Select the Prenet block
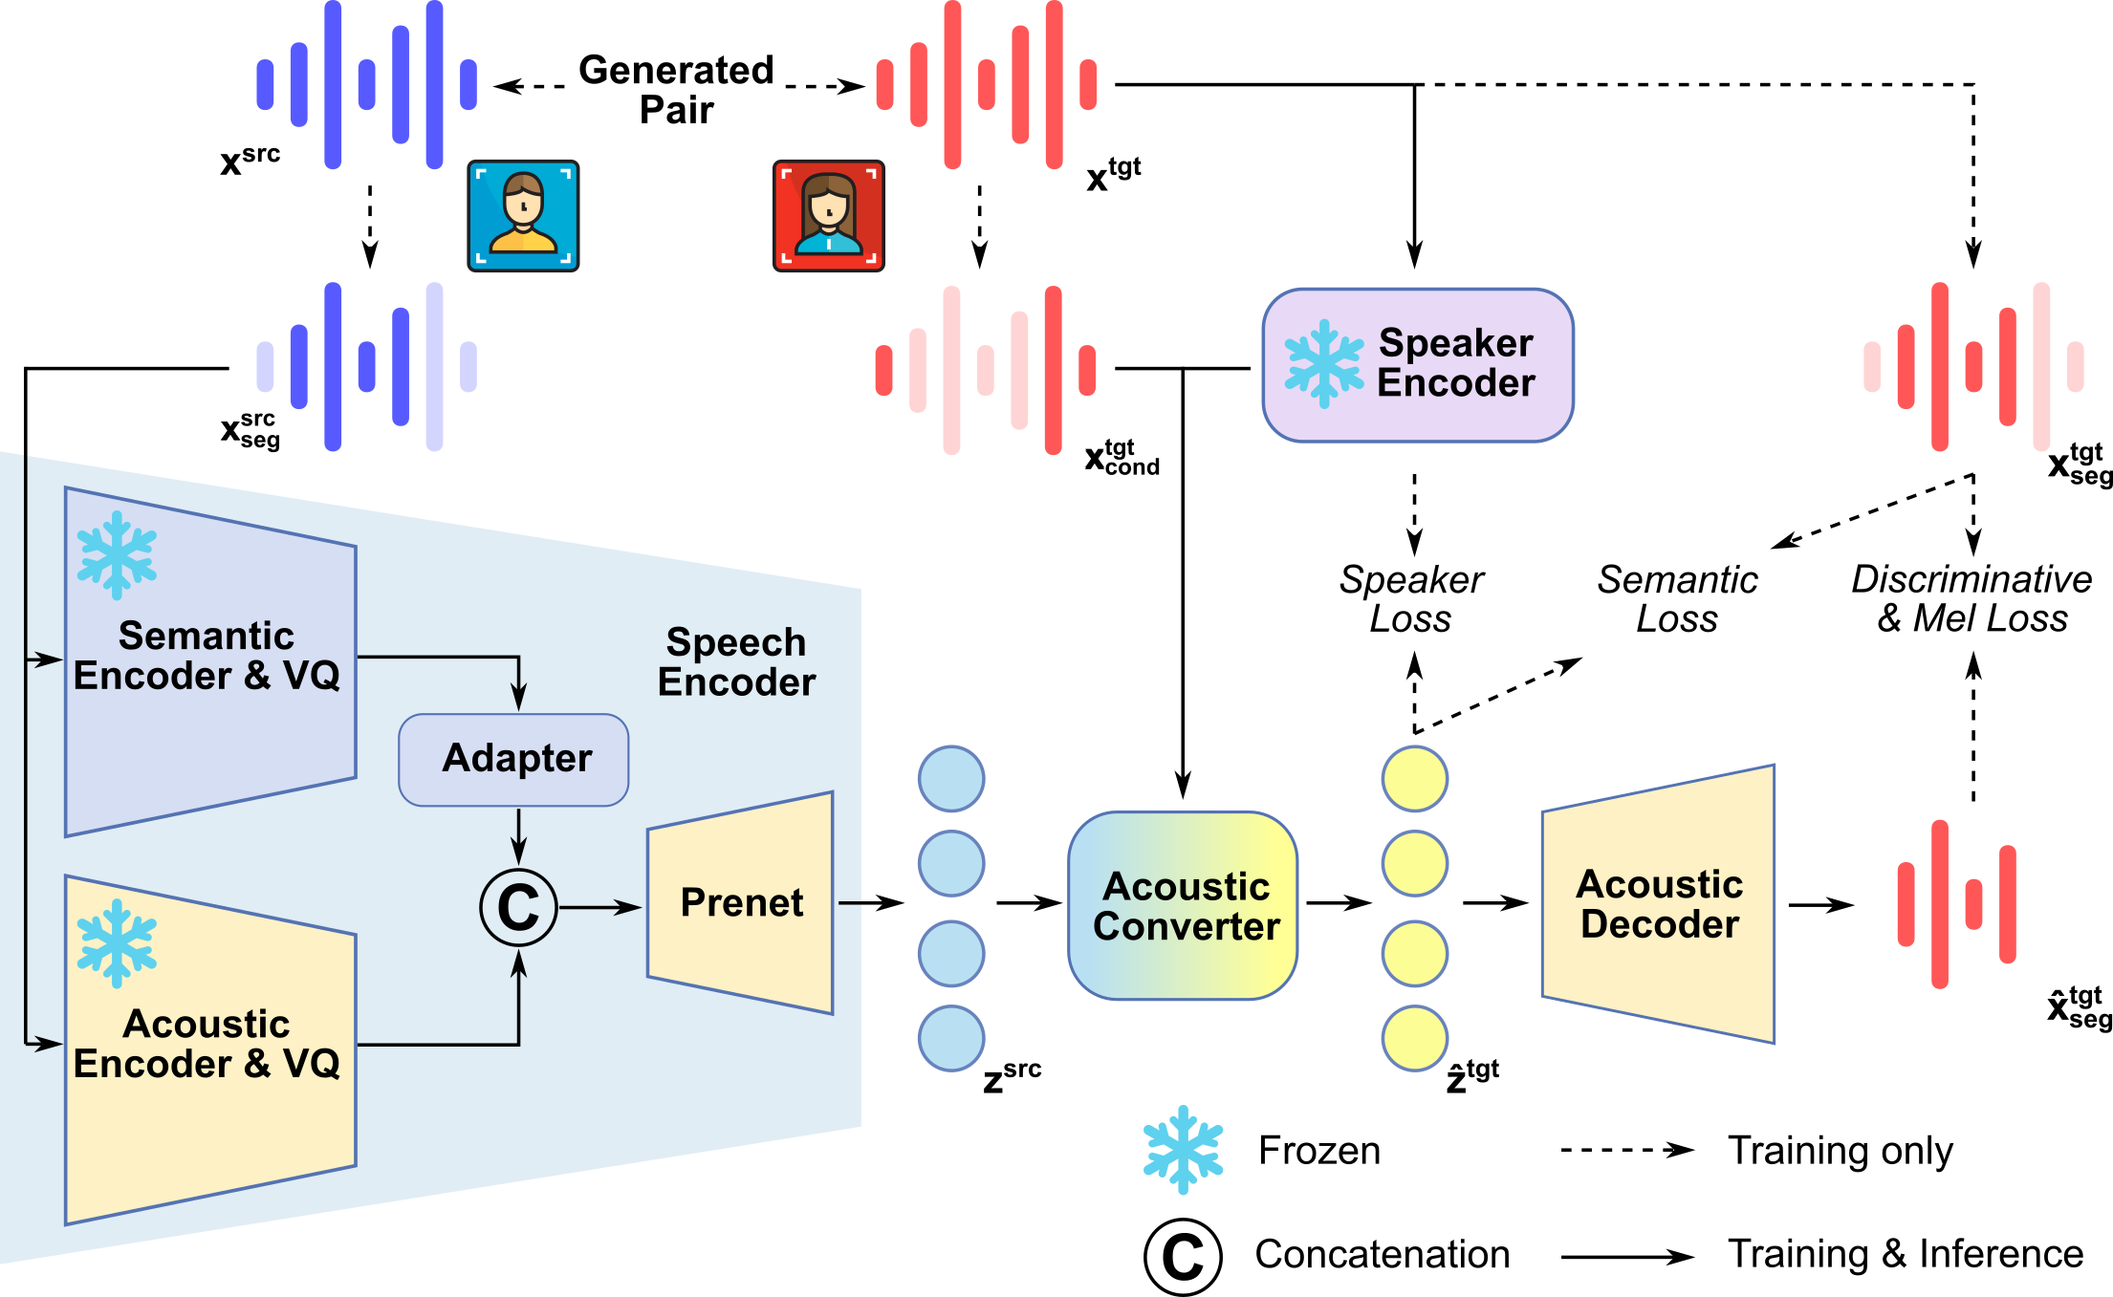click(x=740, y=902)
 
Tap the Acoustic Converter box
click(x=1183, y=905)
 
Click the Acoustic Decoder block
click(x=1658, y=903)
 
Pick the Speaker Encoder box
click(x=1417, y=364)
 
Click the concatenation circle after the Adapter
click(x=518, y=906)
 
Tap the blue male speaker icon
click(x=523, y=216)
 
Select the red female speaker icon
click(x=828, y=216)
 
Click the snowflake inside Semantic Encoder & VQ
click(x=117, y=554)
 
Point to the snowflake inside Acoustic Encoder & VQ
click(x=117, y=942)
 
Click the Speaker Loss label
click(x=1411, y=598)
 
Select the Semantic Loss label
click(x=1677, y=598)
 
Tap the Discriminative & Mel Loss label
click(x=1971, y=598)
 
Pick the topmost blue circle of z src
click(x=950, y=778)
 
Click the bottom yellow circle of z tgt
click(x=1414, y=1038)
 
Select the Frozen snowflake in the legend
click(x=1183, y=1149)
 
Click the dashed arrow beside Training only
click(x=1627, y=1150)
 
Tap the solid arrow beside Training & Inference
click(x=1627, y=1257)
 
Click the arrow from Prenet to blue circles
click(x=870, y=902)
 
